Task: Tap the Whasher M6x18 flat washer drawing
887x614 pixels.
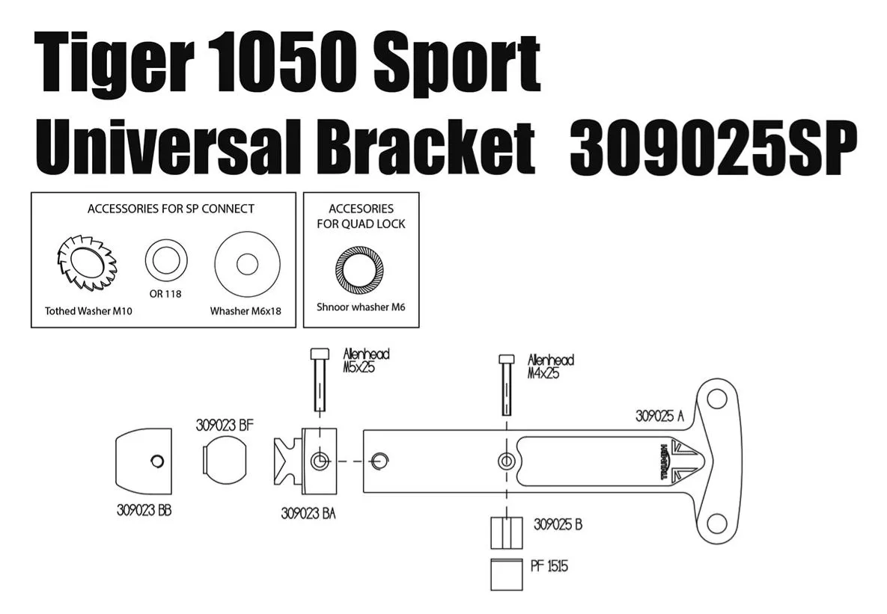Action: coord(246,265)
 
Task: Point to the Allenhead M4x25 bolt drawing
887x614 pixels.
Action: coord(507,384)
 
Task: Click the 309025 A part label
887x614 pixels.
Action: coord(659,417)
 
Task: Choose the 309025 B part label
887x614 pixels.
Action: coord(558,524)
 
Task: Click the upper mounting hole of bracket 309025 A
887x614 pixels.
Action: coord(717,399)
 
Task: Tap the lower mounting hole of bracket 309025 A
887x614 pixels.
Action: coord(717,523)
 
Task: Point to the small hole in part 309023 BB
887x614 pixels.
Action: coord(156,461)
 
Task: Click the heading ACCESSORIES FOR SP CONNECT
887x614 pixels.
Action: coord(171,209)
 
